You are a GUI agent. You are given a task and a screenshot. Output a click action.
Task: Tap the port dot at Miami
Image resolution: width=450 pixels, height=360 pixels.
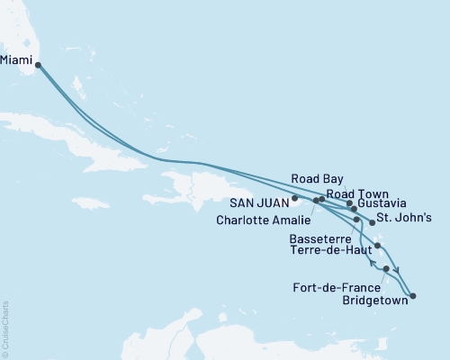[38, 64]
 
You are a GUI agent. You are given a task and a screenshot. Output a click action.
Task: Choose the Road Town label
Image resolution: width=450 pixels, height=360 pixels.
[357, 193]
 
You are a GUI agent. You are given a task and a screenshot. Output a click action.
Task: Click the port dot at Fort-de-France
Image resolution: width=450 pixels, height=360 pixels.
[386, 268]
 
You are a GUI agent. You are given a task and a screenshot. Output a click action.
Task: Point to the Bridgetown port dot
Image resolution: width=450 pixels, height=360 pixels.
[412, 295]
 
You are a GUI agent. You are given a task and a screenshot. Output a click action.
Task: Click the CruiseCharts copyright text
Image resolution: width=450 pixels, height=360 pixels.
[5, 329]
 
